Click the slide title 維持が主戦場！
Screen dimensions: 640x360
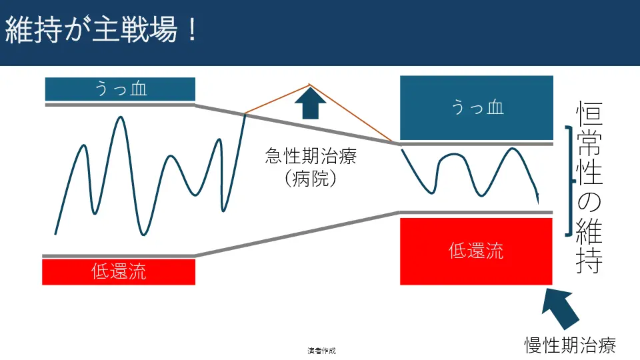(x=101, y=30)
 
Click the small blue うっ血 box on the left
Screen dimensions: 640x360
(x=120, y=89)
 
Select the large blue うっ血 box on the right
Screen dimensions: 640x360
(x=476, y=108)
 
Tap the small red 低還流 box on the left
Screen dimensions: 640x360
(x=119, y=272)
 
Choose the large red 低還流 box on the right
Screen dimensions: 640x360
(x=476, y=251)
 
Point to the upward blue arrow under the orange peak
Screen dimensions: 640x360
(x=310, y=103)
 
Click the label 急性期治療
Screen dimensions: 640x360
(x=311, y=156)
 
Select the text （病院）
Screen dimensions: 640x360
(x=311, y=179)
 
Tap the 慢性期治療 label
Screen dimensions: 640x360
(x=570, y=345)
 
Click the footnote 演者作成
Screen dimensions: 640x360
(x=321, y=351)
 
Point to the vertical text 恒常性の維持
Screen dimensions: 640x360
(x=589, y=187)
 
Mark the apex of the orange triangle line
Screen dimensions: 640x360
(x=309, y=85)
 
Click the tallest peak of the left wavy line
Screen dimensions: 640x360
(x=121, y=117)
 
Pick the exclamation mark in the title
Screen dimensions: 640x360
(x=192, y=30)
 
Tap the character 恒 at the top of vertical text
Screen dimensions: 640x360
(x=589, y=114)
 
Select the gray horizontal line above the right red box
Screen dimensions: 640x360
(x=476, y=212)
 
